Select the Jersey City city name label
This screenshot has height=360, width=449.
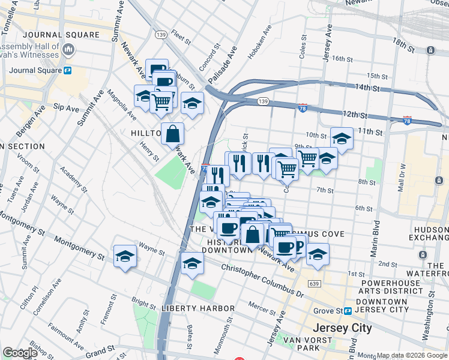(343, 328)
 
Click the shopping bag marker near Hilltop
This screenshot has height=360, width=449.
(172, 134)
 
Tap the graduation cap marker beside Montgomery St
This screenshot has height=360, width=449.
(125, 257)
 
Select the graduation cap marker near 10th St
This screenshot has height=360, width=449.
(342, 139)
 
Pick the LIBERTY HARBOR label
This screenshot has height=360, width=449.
(198, 308)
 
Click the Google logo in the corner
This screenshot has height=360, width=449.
(20, 353)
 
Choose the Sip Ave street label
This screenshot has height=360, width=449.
(66, 107)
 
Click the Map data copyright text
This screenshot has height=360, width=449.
(412, 355)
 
